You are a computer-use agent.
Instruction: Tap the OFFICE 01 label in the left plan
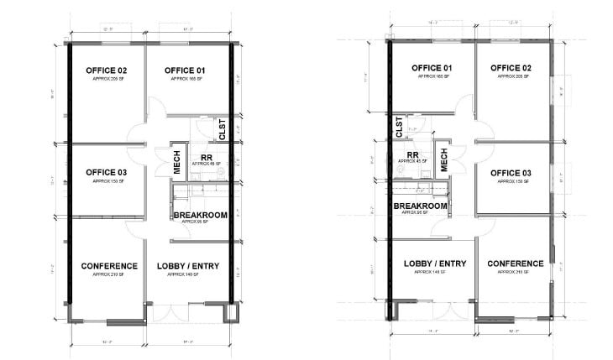(186, 70)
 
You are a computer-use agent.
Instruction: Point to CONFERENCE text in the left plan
(109, 266)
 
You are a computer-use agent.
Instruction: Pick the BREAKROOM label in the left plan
(201, 216)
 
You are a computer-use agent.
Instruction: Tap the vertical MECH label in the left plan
(178, 163)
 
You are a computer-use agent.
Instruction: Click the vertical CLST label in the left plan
(223, 130)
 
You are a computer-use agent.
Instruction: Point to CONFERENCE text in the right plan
(513, 263)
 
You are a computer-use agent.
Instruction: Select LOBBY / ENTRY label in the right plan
(434, 263)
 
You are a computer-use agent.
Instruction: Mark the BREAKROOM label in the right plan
(420, 206)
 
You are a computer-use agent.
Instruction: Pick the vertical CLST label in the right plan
(399, 127)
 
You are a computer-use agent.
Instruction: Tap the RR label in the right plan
(412, 155)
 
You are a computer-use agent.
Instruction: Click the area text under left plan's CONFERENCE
(109, 274)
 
